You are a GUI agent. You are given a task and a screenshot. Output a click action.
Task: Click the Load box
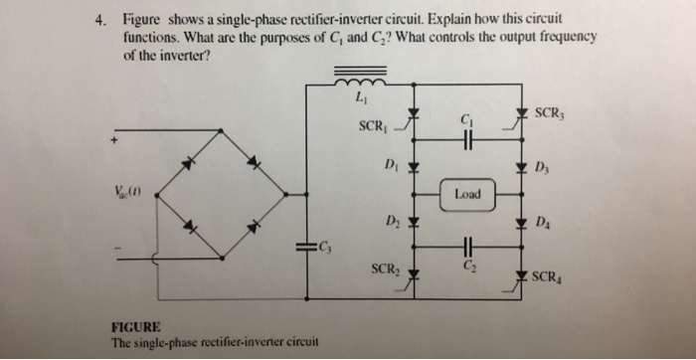tap(466, 195)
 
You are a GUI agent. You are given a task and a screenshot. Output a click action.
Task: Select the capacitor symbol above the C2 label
tap(465, 249)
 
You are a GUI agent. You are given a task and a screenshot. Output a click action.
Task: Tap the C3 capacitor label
tap(326, 246)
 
